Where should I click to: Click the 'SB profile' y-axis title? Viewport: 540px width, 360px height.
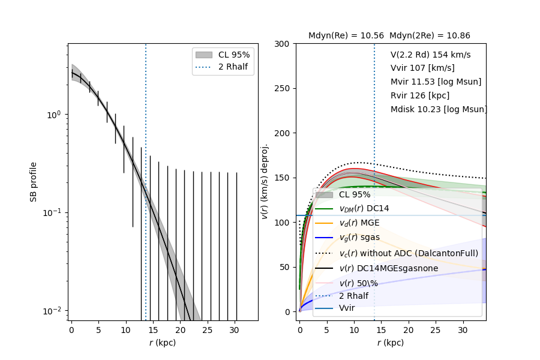[x=34, y=181]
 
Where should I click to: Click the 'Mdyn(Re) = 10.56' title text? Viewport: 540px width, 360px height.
[x=346, y=36]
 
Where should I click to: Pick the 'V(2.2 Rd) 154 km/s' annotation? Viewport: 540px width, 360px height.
[x=430, y=55]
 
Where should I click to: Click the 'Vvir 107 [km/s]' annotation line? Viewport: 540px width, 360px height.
[x=422, y=68]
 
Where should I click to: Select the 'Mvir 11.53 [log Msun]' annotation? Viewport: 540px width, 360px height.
[x=436, y=82]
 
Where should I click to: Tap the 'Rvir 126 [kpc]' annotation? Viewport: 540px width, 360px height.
[x=420, y=95]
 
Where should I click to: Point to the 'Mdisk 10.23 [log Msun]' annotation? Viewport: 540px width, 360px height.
[x=439, y=109]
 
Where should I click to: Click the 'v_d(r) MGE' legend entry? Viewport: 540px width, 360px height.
[x=360, y=223]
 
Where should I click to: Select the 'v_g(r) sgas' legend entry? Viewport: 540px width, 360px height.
[x=359, y=237]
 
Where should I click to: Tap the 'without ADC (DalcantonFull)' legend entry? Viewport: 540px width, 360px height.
[x=409, y=253]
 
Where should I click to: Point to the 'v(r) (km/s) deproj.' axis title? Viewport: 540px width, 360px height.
[x=265, y=181]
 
